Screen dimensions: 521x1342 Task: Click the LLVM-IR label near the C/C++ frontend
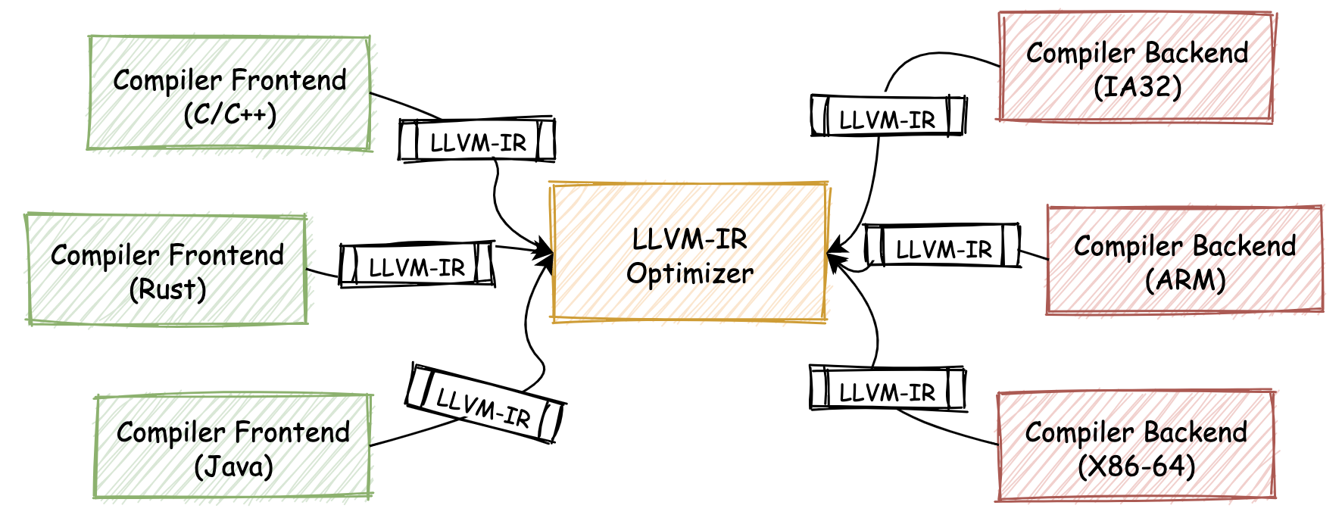click(478, 142)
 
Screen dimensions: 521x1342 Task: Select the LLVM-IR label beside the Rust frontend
click(417, 267)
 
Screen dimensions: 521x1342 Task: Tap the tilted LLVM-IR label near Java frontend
click(484, 407)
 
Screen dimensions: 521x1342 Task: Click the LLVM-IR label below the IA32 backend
click(887, 119)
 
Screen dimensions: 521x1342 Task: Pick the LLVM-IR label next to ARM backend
click(944, 248)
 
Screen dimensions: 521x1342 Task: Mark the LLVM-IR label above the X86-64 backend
click(887, 392)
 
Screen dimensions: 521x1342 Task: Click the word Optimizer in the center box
click(690, 273)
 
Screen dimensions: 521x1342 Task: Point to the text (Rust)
click(167, 289)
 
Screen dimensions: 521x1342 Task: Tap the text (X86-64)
click(1136, 465)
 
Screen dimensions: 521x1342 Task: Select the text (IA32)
click(1138, 86)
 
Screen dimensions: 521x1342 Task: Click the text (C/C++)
click(229, 114)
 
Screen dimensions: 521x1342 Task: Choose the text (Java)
click(233, 466)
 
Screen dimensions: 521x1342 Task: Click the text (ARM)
click(1184, 279)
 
